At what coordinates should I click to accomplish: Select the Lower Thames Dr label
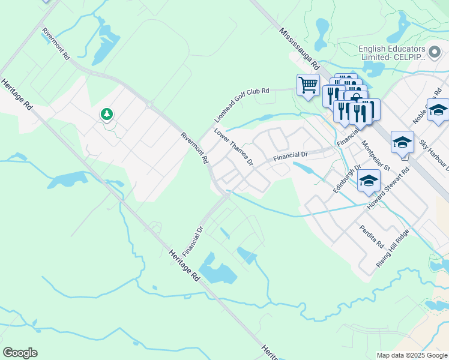pyautogui.click(x=234, y=146)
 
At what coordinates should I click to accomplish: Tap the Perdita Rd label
pyautogui.click(x=370, y=235)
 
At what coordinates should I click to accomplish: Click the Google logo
pyautogui.click(x=20, y=352)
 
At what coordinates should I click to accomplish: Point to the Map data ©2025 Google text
pyautogui.click(x=411, y=355)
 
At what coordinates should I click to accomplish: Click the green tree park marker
pyautogui.click(x=107, y=113)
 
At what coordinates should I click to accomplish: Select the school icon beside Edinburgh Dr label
pyautogui.click(x=368, y=181)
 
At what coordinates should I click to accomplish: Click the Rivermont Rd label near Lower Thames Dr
pyautogui.click(x=194, y=148)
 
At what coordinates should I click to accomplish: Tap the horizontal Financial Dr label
pyautogui.click(x=291, y=155)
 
